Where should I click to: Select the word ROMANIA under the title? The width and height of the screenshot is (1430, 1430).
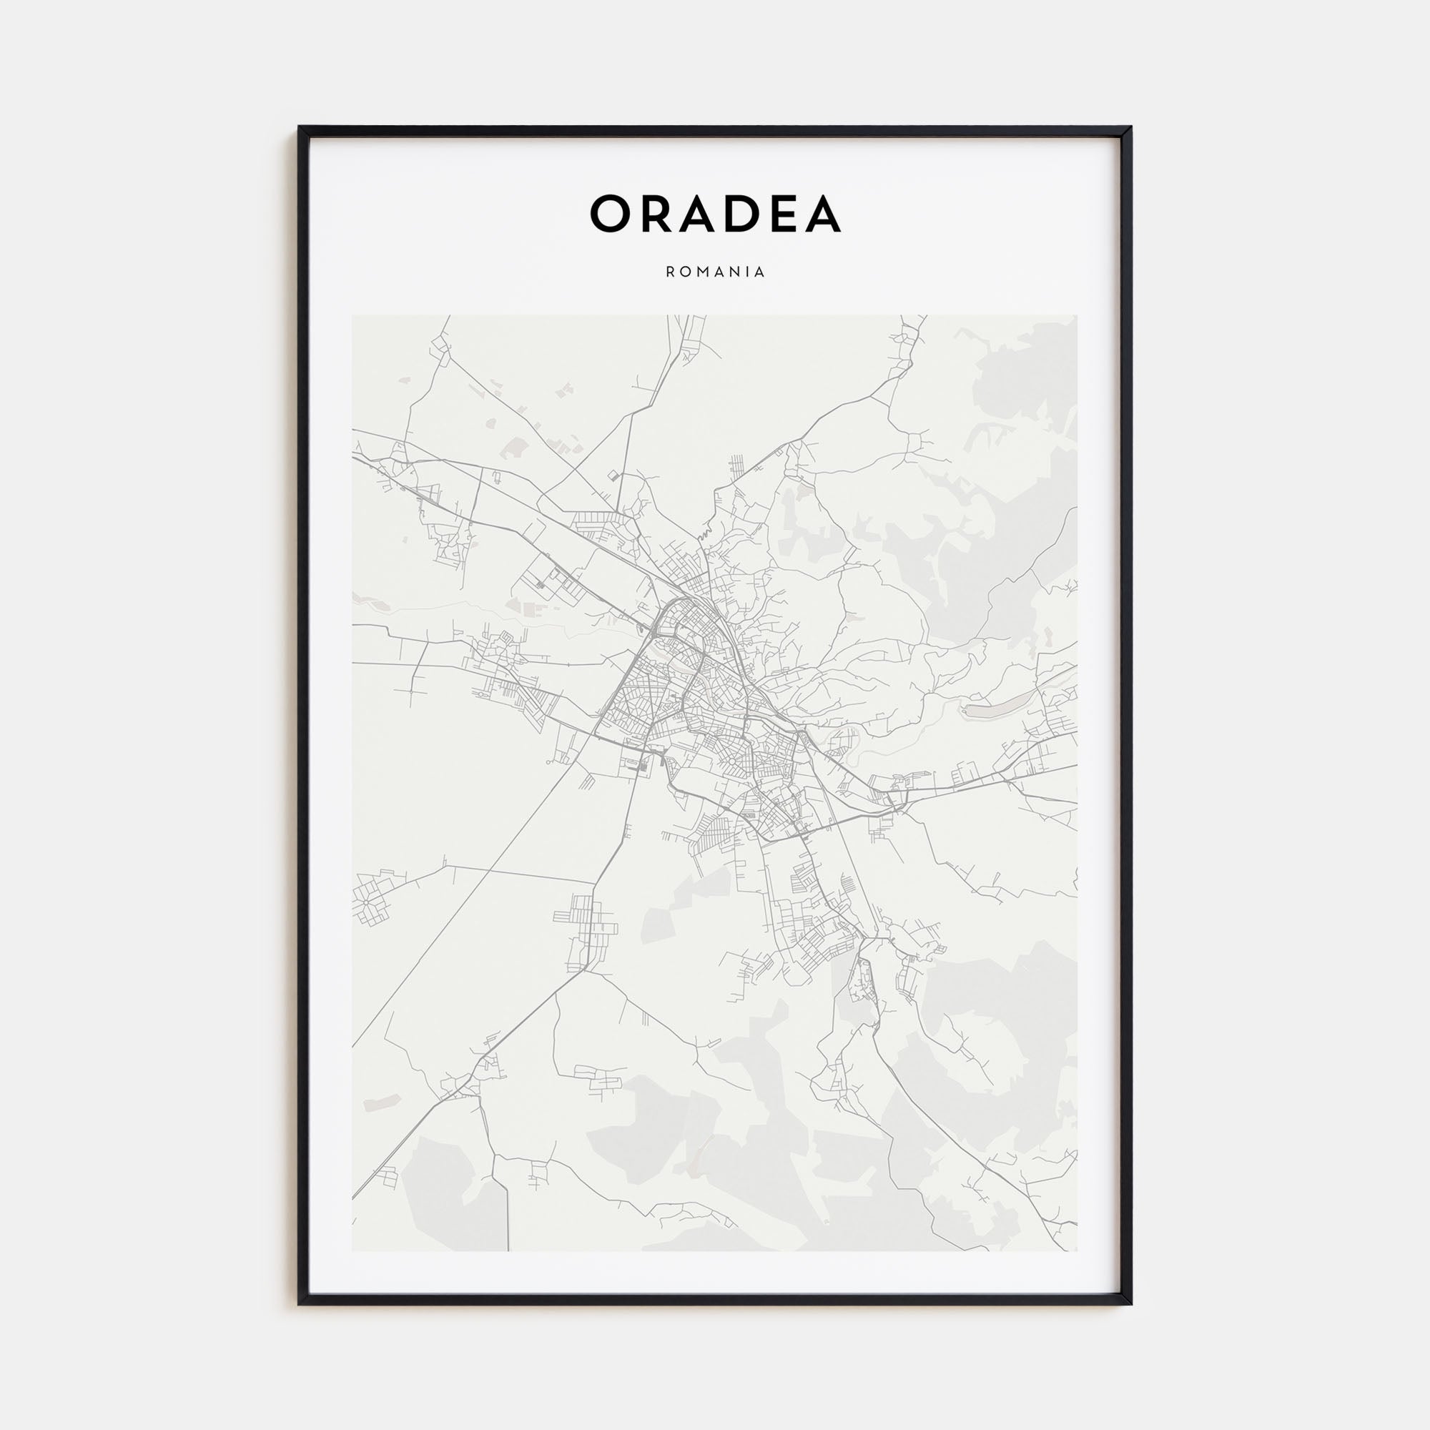click(715, 272)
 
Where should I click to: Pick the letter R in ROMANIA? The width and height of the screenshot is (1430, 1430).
click(671, 272)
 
